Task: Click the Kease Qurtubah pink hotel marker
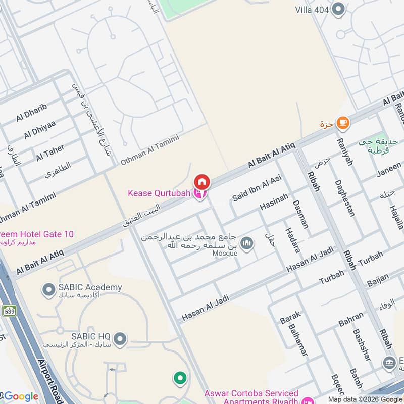(200, 194)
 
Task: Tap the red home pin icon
(202, 181)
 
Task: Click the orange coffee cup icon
(343, 122)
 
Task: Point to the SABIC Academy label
(89, 288)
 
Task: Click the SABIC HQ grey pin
(120, 338)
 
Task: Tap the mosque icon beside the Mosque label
(247, 244)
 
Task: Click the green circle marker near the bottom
(179, 378)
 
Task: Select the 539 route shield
(9, 311)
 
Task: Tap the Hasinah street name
(274, 202)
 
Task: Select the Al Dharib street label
(31, 112)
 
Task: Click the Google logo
(20, 396)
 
